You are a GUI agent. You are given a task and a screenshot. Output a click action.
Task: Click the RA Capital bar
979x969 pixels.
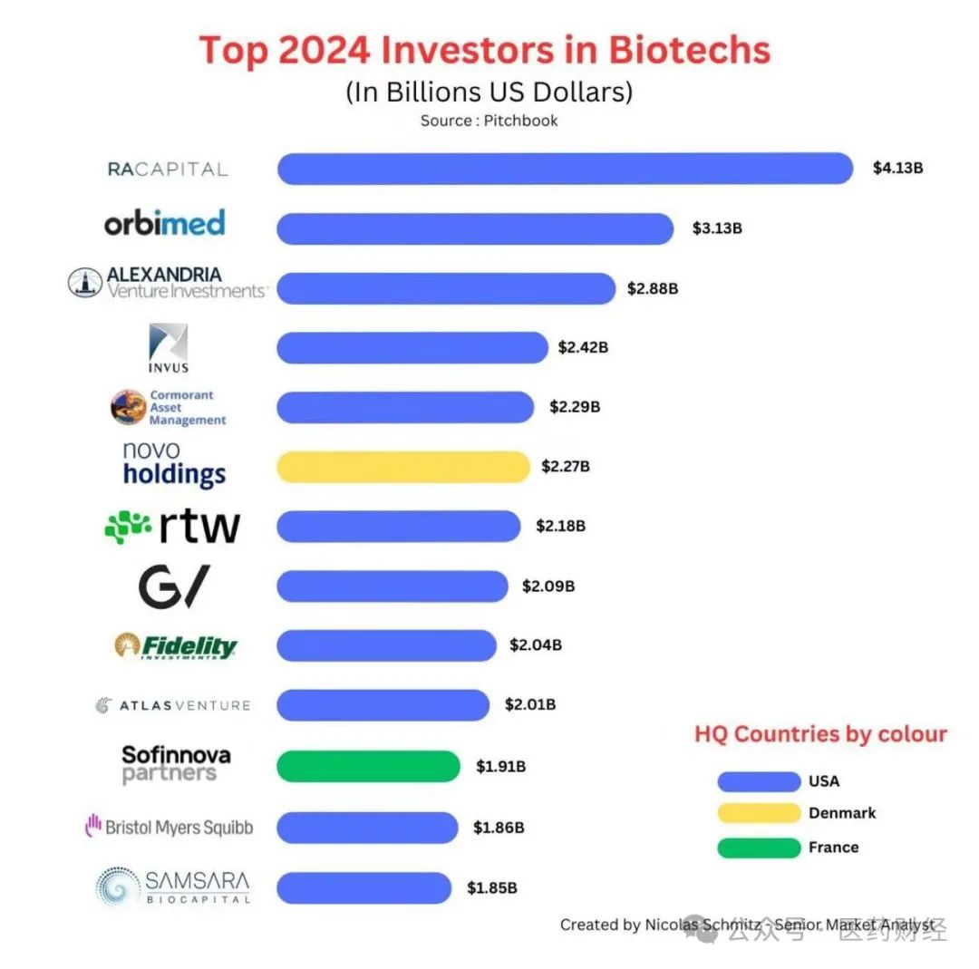click(564, 169)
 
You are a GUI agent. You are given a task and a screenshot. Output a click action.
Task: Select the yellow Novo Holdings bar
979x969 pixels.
click(402, 467)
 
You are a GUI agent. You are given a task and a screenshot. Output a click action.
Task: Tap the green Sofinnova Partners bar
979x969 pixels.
click(368, 766)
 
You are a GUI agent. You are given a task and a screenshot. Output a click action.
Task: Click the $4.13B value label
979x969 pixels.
click(897, 168)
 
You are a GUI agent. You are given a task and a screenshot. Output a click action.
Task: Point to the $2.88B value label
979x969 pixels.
click(653, 289)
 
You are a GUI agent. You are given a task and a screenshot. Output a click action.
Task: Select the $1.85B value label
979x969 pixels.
click(492, 888)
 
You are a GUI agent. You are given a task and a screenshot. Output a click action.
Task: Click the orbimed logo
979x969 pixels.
click(164, 223)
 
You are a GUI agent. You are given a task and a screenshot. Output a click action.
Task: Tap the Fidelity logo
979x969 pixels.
click(176, 646)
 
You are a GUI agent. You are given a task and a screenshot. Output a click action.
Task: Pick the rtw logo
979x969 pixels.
click(172, 527)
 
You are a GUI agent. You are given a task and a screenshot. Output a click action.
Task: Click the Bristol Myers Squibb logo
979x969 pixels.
click(170, 827)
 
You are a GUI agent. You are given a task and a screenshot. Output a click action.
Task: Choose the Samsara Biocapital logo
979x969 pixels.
click(173, 887)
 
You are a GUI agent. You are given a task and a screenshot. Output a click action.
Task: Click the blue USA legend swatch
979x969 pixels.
click(758, 781)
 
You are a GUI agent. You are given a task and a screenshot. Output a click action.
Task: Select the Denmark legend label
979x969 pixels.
click(842, 813)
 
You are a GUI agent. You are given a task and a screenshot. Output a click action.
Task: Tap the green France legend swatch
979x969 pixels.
click(758, 848)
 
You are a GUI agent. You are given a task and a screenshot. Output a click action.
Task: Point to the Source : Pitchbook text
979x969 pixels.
click(489, 121)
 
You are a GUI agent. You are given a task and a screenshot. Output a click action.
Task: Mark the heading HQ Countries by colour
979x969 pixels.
click(820, 734)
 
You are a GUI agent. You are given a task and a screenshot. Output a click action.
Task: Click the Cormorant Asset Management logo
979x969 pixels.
click(169, 408)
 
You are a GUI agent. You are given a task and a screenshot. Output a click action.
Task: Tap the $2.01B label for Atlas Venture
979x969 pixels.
click(530, 705)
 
